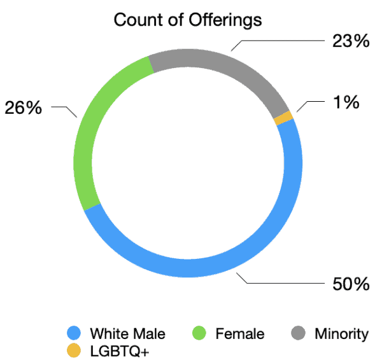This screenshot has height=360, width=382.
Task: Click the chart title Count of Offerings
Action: (188, 20)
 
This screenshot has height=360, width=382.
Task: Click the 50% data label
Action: (350, 284)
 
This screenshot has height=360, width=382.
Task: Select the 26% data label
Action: (24, 107)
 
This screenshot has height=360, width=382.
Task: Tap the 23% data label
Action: (350, 41)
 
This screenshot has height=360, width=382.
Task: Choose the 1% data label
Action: (346, 101)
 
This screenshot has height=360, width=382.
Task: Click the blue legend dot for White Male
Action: (75, 333)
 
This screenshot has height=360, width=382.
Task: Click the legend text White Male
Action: (127, 333)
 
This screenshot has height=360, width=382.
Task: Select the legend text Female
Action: (239, 333)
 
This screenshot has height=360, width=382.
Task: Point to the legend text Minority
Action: (341, 333)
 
